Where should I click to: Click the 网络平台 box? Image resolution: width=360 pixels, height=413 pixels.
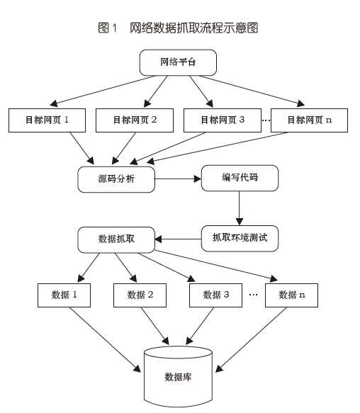click(178, 62)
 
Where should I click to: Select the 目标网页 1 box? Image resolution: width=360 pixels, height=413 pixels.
click(47, 120)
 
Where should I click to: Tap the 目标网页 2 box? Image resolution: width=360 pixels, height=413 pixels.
click(135, 120)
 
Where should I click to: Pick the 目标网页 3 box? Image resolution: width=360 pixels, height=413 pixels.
click(223, 120)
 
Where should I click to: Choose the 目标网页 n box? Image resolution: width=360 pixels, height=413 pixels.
click(310, 120)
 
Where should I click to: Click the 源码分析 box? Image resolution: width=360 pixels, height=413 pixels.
click(116, 179)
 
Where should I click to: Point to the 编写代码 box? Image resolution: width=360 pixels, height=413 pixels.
click(240, 178)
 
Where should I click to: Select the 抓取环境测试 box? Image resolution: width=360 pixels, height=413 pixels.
click(240, 238)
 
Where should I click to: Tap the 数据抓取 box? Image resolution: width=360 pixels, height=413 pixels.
click(116, 239)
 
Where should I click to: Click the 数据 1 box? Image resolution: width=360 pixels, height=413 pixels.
click(64, 295)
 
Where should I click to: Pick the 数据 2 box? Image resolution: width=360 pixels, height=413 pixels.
click(140, 295)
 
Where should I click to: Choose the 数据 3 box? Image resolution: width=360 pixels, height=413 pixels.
click(216, 295)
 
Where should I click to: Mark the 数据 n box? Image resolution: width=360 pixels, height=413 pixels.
click(291, 295)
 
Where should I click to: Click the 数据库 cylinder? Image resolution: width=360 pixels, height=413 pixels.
click(178, 377)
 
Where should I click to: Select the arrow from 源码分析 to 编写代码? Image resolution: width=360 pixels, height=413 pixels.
click(178, 179)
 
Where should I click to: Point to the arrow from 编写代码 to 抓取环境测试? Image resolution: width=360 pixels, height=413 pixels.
click(240, 208)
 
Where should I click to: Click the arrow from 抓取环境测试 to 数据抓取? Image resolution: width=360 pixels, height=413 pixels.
click(178, 239)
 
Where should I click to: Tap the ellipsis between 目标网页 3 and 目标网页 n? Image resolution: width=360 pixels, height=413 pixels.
click(266, 120)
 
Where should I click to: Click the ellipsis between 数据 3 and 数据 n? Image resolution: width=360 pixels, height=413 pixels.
click(254, 295)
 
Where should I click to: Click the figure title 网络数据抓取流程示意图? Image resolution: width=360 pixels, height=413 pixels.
click(193, 28)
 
